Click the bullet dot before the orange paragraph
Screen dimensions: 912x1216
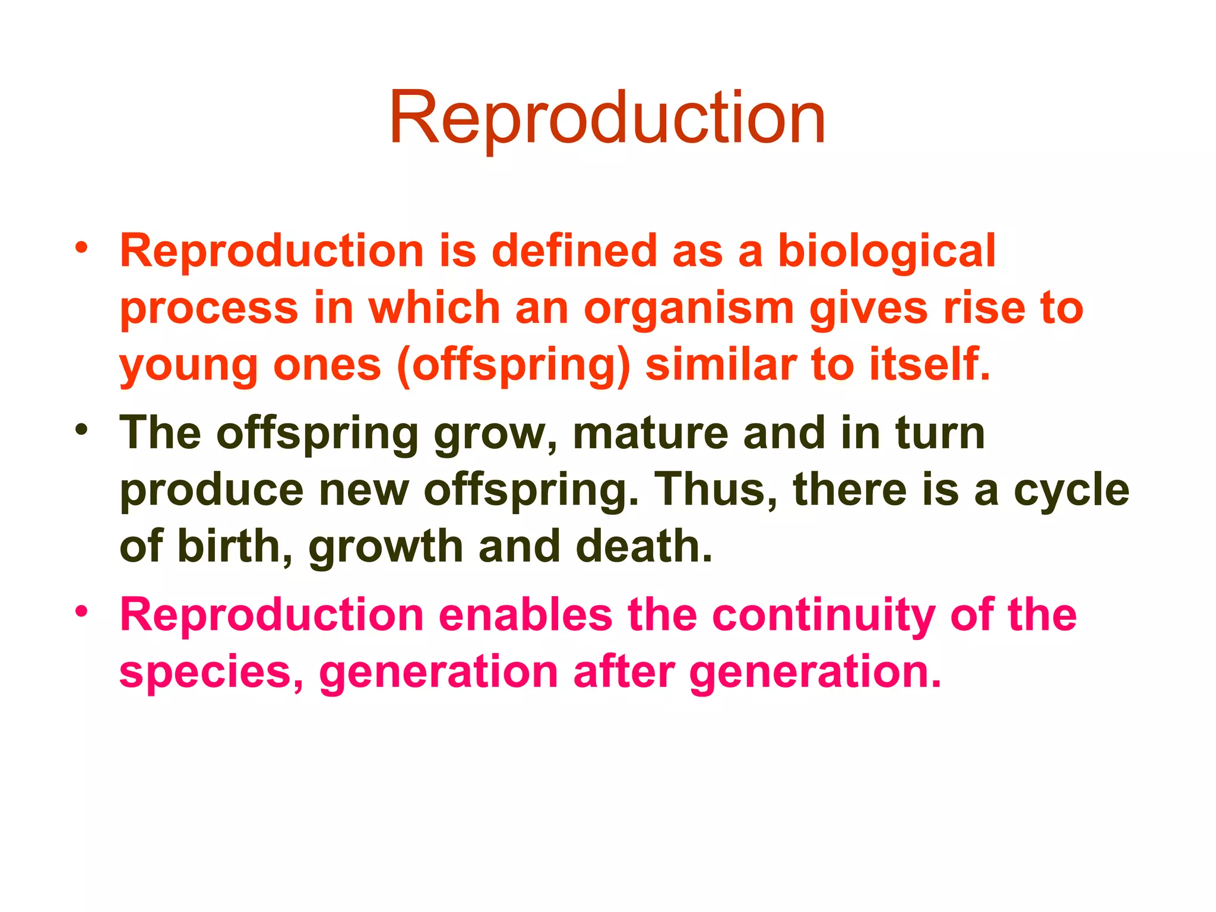click(x=82, y=246)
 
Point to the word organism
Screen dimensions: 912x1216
click(x=689, y=309)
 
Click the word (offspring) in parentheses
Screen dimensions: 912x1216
click(x=514, y=365)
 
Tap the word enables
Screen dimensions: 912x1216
click(x=525, y=615)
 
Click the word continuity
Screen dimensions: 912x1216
click(x=823, y=616)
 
